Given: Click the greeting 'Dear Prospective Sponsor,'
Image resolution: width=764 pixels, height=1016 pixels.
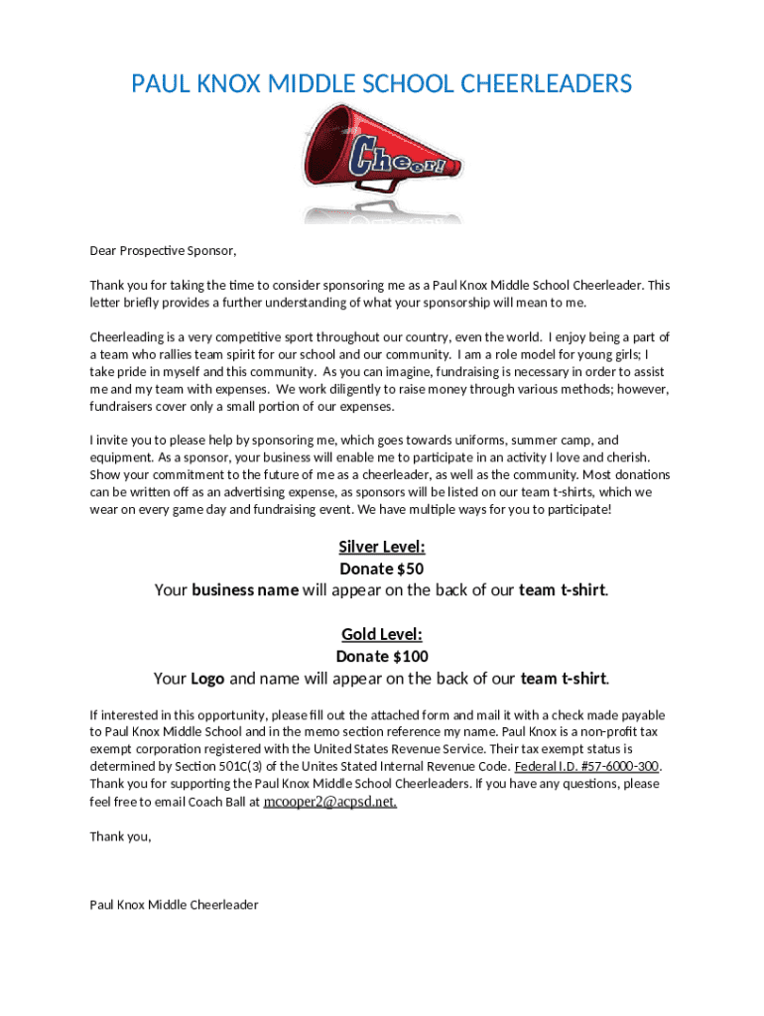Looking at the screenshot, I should point(164,250).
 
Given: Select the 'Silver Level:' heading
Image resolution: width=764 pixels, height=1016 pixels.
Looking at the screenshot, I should point(382,547).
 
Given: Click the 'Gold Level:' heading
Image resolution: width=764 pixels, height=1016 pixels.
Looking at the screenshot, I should point(382,634).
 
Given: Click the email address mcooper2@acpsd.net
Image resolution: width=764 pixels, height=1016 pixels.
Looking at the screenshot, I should point(329,802).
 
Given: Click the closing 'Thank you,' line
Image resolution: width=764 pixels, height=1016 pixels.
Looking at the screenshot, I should point(121,836).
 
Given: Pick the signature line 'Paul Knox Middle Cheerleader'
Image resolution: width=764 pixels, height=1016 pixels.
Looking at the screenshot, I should point(174,905).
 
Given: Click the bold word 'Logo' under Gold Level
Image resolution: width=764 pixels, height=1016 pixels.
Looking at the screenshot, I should point(207,679).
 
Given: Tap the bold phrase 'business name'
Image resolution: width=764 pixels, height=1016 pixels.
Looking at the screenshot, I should point(245,590).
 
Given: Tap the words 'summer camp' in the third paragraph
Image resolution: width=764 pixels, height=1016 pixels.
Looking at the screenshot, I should point(558,441).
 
